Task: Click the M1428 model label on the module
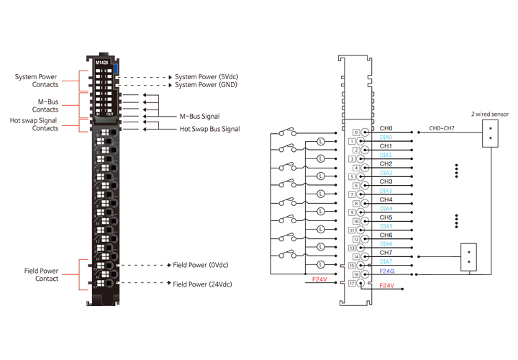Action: [x=102, y=62]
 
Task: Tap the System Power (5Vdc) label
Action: [x=206, y=76]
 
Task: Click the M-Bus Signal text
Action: [x=199, y=116]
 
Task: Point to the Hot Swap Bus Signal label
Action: [x=209, y=129]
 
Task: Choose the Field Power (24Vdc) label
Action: [x=204, y=284]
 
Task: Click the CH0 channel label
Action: [x=386, y=128]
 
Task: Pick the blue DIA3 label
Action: [x=386, y=191]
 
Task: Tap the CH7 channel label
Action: [x=386, y=253]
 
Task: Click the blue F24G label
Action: [x=387, y=271]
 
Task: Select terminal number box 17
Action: [x=353, y=284]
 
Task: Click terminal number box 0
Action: [x=356, y=132]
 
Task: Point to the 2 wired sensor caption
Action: [x=489, y=114]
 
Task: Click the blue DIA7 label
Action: [x=386, y=261]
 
